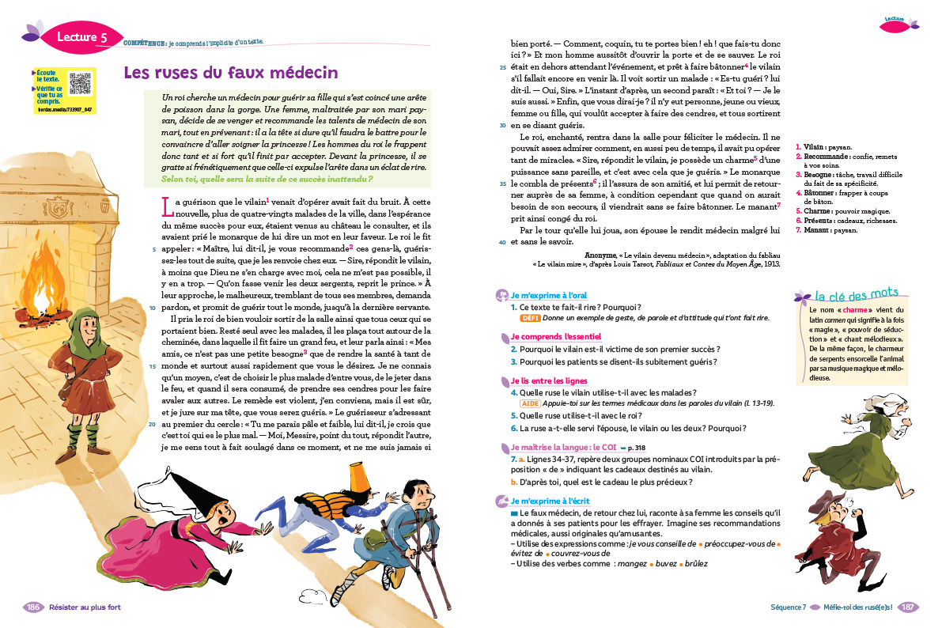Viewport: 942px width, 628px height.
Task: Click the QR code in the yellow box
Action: tap(81, 83)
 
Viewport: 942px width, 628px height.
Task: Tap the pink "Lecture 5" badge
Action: tap(81, 36)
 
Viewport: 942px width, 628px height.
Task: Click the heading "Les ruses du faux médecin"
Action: tap(219, 74)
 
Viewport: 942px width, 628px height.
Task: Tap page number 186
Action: tap(33, 607)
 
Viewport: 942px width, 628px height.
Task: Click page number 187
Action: tap(908, 607)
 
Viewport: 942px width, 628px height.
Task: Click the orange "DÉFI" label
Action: tap(530, 317)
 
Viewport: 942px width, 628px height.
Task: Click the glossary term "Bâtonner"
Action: tap(818, 192)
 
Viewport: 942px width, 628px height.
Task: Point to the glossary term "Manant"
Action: tap(815, 230)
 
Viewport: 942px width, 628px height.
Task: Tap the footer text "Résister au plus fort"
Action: tap(85, 607)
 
